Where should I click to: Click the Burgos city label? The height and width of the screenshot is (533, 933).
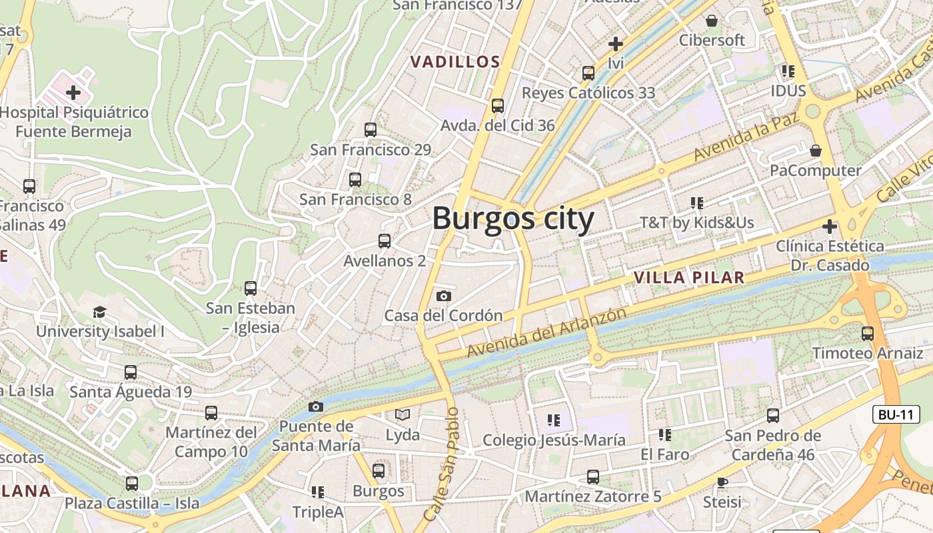512,219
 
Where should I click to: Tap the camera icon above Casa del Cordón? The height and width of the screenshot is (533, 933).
443,296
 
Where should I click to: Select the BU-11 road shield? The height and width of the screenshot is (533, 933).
896,414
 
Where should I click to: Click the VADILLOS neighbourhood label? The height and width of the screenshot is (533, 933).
455,62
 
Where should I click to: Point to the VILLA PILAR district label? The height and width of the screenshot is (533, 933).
688,277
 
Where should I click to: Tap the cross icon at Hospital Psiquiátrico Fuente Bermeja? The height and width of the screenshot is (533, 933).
73,92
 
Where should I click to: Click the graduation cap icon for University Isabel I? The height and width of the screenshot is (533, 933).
99,311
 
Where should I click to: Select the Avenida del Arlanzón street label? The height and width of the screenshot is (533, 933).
546,332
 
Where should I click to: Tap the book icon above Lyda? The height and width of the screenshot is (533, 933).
403,415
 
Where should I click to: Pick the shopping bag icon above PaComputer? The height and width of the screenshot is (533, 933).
815,151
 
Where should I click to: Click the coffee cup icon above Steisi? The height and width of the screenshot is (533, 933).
722,482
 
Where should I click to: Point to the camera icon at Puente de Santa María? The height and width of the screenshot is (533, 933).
316,406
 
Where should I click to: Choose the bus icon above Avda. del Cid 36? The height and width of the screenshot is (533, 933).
497,105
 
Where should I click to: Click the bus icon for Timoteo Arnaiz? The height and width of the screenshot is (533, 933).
868,333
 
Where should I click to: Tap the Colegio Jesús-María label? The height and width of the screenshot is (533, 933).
554,440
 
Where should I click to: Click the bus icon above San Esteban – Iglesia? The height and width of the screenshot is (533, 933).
251,288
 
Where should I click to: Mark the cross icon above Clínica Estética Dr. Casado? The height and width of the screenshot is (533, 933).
829,227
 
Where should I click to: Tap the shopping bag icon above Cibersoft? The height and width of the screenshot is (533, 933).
712,21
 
